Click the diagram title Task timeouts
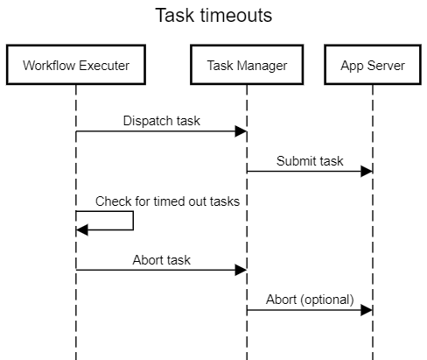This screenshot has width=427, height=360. point(213,16)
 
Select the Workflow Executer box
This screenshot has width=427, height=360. point(76,65)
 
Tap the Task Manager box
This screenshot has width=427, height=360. point(247,65)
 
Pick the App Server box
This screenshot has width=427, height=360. point(373,65)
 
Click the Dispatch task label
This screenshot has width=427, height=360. point(162,121)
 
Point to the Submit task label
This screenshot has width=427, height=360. point(310,161)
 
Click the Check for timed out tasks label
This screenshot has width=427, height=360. point(167,201)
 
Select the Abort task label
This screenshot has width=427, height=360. point(162,260)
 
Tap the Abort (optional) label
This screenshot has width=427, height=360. point(310,300)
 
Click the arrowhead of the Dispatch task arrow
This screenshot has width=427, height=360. point(241,131)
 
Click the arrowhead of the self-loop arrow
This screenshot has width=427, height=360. point(82,229)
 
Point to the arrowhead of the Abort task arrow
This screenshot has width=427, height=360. point(241,270)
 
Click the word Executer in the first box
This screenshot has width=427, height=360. point(104,65)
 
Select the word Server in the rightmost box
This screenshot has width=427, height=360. point(388,65)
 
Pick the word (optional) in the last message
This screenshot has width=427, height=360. point(326,300)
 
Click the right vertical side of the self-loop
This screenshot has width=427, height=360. point(133,221)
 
